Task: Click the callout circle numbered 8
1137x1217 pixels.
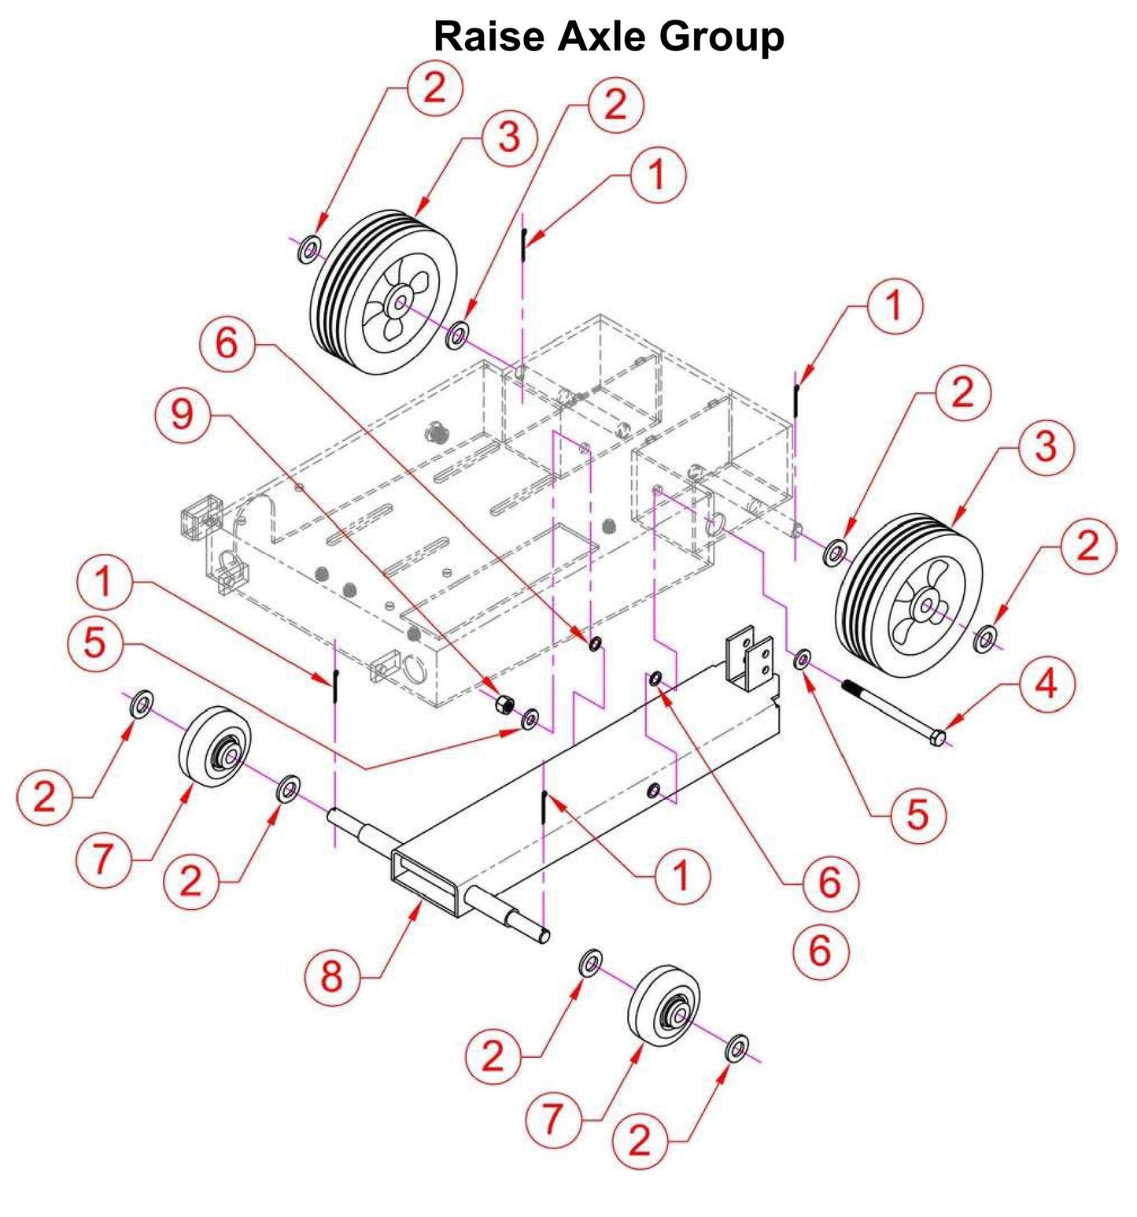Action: point(331,977)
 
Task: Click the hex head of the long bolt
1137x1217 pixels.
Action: point(937,738)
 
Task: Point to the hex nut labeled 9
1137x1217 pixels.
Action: point(503,704)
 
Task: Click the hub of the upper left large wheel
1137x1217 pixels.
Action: point(399,302)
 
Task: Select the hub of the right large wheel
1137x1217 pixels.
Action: point(927,605)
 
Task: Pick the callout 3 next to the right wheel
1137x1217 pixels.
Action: point(1044,448)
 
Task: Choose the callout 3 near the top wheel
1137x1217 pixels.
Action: point(508,138)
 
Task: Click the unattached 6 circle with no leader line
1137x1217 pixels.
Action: point(820,950)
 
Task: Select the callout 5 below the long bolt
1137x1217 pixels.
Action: point(917,815)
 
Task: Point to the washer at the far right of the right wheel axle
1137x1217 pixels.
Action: point(984,638)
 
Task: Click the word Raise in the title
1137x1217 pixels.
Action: point(489,36)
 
